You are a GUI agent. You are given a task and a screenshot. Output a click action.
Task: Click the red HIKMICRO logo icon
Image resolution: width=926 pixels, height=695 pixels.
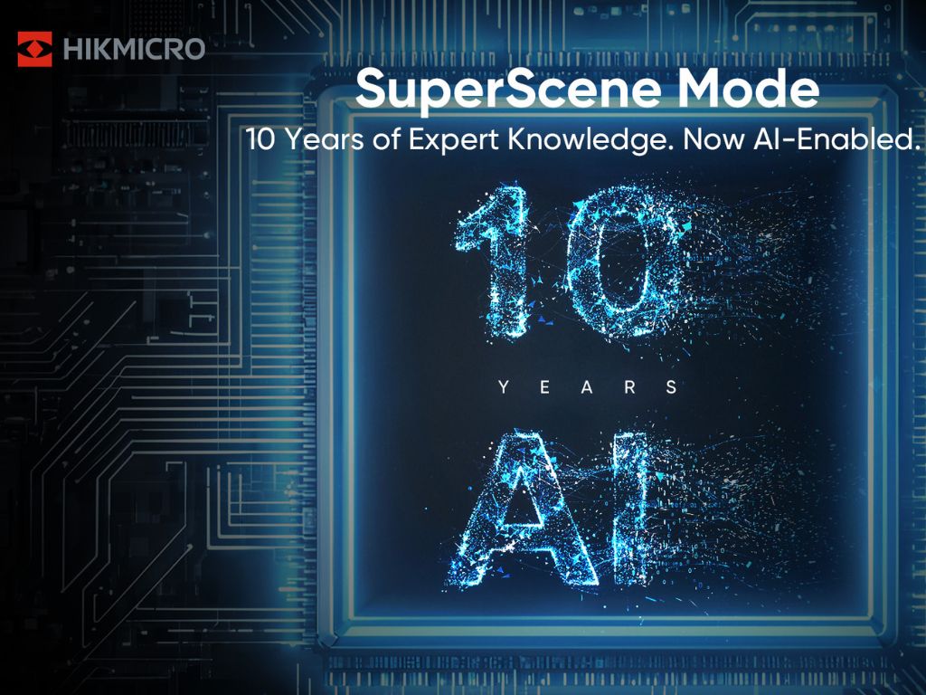[x=35, y=49]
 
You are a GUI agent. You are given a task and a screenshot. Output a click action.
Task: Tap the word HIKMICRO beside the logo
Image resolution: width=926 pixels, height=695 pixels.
[x=135, y=50]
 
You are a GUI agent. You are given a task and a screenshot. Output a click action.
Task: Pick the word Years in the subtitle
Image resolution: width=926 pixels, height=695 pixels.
[x=322, y=141]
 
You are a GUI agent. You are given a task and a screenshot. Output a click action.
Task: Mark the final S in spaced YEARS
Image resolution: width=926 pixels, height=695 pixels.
[x=671, y=387]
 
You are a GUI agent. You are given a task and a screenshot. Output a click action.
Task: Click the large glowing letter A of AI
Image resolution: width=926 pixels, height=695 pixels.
[x=525, y=511]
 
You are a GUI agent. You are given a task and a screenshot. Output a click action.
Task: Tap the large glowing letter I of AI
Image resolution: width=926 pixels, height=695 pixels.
[x=633, y=511]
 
